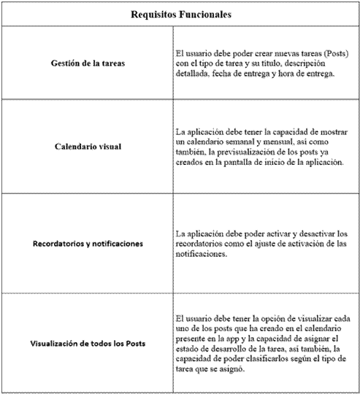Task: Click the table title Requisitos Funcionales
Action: [180, 14]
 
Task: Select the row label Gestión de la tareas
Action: [88, 63]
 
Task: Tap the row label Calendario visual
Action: [88, 146]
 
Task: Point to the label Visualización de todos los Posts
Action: [88, 344]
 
